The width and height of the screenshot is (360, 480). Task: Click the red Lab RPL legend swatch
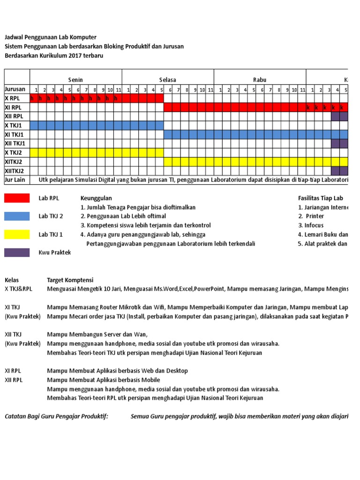pos(17,198)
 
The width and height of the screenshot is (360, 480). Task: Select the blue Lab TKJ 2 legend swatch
pos(17,216)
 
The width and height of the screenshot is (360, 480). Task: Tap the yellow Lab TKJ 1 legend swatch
pos(17,234)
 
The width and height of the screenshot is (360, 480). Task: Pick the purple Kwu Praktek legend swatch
pos(17,252)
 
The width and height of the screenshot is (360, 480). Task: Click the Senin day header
pos(75,80)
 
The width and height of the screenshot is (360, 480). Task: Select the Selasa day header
pos(167,80)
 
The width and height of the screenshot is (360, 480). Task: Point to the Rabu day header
pos(260,80)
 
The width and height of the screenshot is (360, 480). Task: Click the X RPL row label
pos(14,98)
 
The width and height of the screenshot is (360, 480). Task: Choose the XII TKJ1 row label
pos(15,143)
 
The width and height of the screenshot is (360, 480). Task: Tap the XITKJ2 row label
pos(14,162)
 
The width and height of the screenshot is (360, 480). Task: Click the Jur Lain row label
pos(15,180)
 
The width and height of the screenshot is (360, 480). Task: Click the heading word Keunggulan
pos(96,198)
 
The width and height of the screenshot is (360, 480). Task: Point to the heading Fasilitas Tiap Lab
pos(321,198)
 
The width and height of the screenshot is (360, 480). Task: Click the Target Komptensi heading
pos(70,280)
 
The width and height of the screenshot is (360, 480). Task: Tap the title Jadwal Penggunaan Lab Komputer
pos(50,37)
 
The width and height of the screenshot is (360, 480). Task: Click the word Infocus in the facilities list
pos(314,225)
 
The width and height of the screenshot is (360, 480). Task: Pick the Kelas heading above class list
pos(12,280)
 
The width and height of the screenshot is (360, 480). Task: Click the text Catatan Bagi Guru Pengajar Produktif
pos(56,416)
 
